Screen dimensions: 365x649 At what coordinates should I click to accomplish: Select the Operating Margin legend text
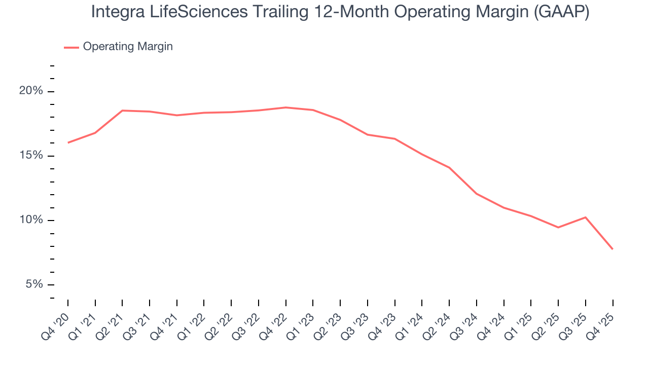128,47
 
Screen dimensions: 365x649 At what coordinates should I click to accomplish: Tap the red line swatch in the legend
71,47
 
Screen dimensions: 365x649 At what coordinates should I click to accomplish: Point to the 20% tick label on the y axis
31,91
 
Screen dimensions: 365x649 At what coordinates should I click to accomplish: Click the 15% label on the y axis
31,156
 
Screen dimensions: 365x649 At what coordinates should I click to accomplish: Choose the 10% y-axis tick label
31,220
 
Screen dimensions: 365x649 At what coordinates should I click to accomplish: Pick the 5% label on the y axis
33,284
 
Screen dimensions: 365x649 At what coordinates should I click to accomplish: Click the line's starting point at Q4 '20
68,142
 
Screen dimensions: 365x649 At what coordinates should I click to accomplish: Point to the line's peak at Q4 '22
286,107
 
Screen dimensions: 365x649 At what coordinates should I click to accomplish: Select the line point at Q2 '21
122,111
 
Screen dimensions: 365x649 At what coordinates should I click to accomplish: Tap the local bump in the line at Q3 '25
586,217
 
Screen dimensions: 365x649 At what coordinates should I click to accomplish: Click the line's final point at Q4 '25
612,249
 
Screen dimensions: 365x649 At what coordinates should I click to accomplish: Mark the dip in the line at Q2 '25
558,227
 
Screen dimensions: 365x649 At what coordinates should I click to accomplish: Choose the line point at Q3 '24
477,194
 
